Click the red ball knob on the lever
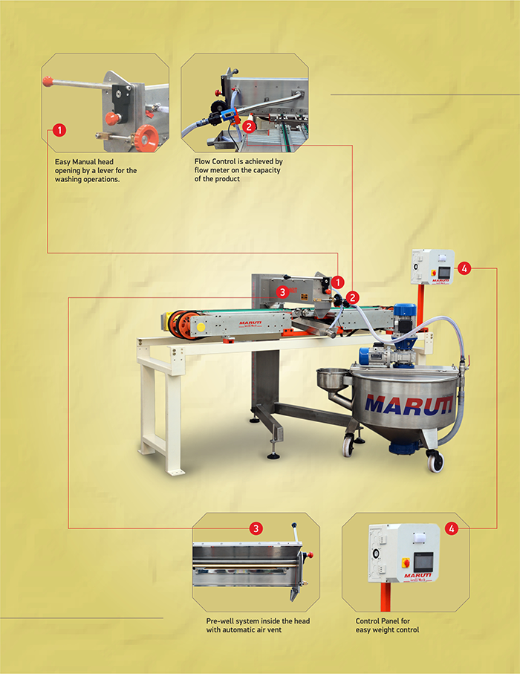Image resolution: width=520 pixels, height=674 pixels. [x=48, y=80]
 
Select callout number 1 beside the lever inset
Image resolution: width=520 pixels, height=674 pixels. [x=59, y=130]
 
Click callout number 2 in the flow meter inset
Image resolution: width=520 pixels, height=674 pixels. [x=249, y=126]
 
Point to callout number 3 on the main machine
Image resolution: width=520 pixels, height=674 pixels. [x=282, y=292]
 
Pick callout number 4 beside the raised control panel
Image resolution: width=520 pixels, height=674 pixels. [x=464, y=269]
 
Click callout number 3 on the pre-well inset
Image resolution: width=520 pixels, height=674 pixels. [x=256, y=528]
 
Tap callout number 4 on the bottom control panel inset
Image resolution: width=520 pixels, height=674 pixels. [x=451, y=528]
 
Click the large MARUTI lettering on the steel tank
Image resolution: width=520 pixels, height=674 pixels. [x=409, y=405]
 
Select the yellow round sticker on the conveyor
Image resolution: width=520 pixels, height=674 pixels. [x=201, y=328]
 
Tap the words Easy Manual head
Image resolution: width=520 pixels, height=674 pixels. [x=84, y=162]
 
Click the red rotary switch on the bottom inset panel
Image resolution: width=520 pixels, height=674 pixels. [x=406, y=563]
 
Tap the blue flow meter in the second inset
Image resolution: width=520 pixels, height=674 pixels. [x=230, y=116]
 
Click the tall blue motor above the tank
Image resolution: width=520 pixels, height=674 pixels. [x=405, y=319]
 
